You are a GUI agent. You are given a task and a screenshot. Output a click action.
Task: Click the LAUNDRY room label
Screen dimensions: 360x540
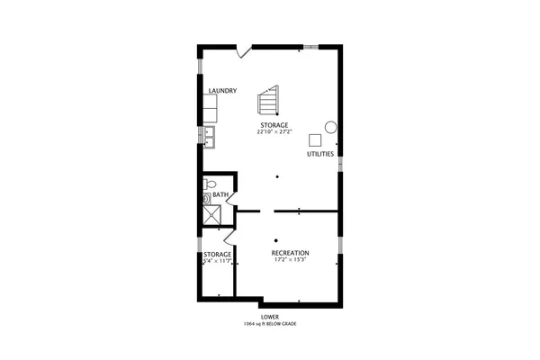pos(221,91)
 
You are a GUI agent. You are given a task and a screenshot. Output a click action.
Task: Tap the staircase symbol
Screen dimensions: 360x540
pos(269,101)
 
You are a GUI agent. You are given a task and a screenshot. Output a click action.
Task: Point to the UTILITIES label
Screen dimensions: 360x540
pos(320,154)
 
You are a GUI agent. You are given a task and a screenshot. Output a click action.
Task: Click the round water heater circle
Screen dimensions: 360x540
pos(330,127)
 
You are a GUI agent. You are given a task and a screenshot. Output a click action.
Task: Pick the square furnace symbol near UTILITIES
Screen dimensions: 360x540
pos(315,139)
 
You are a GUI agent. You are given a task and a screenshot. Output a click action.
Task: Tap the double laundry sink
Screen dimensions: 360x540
pos(210,135)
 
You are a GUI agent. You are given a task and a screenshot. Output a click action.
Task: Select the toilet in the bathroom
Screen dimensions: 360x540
pos(207,197)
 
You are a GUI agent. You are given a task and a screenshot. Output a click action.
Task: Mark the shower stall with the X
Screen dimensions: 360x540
pos(212,215)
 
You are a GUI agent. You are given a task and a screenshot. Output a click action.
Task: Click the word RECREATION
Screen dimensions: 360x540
pos(291,253)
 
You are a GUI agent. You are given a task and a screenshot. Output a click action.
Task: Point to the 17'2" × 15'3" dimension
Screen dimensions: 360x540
pos(291,262)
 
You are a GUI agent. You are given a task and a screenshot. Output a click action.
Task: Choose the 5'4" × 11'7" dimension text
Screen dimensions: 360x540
pos(217,262)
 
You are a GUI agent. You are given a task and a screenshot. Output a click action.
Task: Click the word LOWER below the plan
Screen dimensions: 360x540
pos(269,317)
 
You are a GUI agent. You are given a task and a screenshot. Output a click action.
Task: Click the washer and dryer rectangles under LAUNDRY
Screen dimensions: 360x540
pos(211,110)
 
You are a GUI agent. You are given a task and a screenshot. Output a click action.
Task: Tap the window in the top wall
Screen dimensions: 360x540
pos(311,45)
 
